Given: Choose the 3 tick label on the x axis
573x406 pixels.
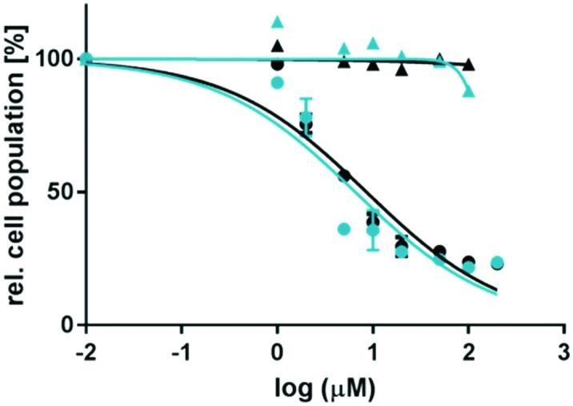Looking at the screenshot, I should point(564,352).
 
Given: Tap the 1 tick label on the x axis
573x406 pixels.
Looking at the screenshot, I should point(373,352).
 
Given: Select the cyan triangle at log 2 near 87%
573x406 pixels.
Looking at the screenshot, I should point(469,91).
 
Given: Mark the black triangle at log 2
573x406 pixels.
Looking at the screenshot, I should point(469,64).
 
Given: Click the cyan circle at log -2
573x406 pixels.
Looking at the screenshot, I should point(86,59).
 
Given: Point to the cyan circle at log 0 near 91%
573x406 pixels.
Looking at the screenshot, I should point(278,82).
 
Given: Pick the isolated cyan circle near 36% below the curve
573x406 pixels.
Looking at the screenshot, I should point(344,229).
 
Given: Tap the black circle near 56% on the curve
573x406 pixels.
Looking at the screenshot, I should point(345,175).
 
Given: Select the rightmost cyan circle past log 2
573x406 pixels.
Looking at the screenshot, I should point(497,262).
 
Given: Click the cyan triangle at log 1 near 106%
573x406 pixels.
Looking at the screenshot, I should point(373,43).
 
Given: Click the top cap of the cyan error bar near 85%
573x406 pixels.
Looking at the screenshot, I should point(306,98).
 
